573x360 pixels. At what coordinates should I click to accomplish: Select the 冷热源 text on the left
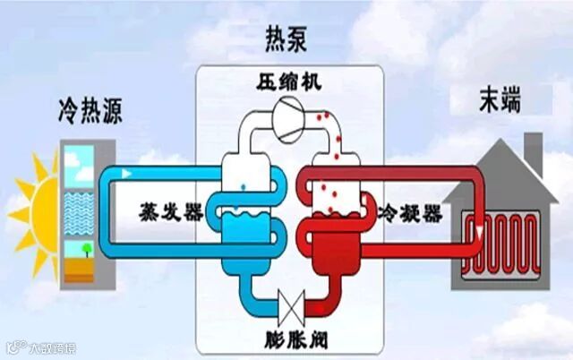tap(89, 113)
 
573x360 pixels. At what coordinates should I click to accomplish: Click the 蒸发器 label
tap(162, 214)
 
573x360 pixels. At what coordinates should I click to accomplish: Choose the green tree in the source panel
tap(83, 248)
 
